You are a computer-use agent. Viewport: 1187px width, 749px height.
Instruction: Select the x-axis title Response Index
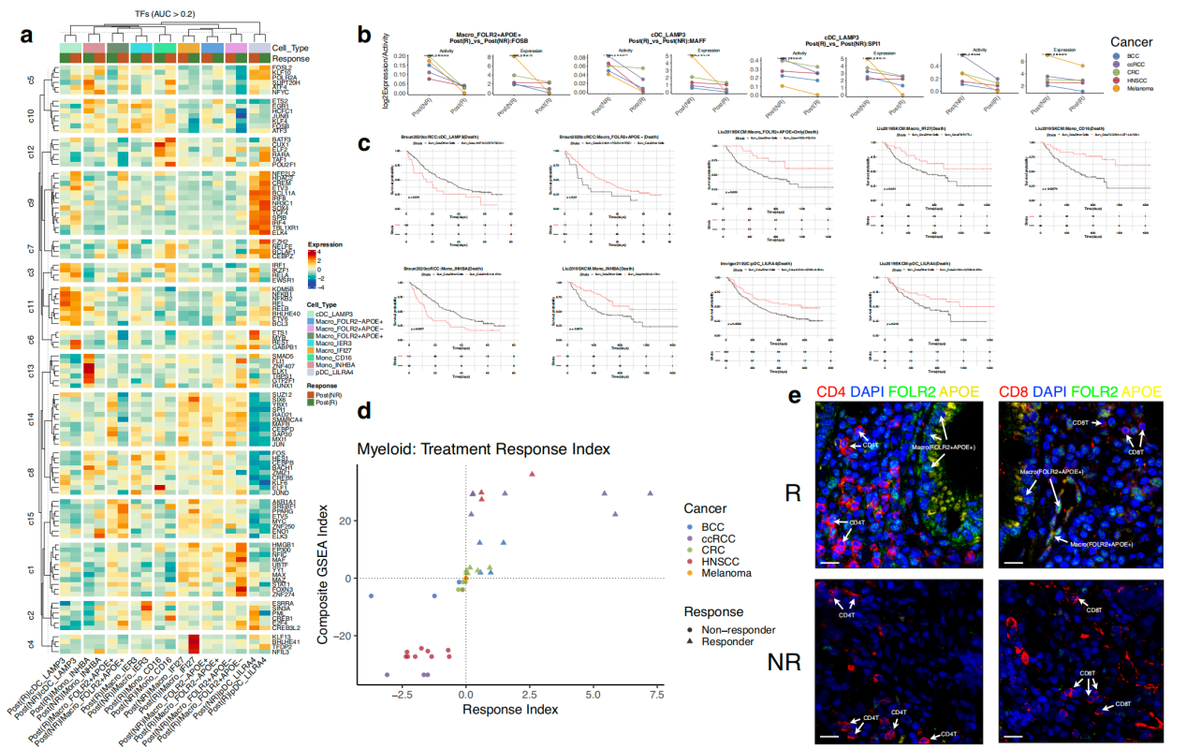(x=510, y=709)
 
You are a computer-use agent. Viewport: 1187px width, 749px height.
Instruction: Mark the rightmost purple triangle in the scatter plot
(x=650, y=493)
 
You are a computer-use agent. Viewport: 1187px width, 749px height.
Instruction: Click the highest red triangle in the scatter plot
(x=532, y=474)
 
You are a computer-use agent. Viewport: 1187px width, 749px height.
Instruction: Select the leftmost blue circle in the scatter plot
(x=372, y=596)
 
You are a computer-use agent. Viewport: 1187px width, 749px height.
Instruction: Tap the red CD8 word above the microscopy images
(x=1013, y=417)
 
